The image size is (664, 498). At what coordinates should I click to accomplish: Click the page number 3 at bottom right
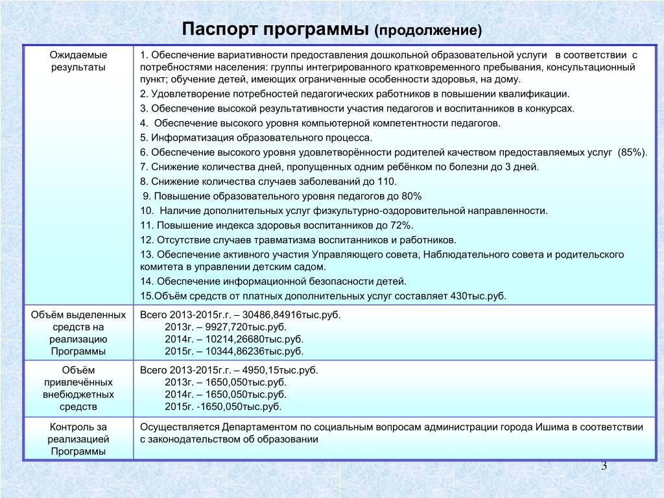604,466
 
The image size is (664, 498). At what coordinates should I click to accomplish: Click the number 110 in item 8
386,182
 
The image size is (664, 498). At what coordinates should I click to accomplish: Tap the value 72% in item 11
401,225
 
